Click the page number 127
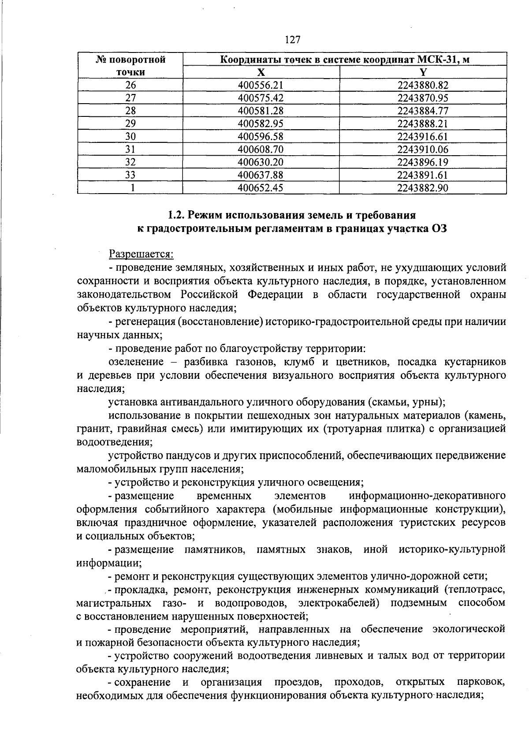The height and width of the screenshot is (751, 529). point(293,40)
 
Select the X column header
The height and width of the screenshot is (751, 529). point(261,72)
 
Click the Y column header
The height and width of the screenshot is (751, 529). point(423,72)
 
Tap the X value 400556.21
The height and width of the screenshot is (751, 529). point(260,85)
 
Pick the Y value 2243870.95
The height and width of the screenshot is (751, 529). point(422,98)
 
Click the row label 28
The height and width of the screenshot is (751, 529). point(130,111)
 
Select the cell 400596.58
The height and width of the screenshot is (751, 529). point(260,136)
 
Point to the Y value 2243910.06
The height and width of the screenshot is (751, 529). point(422,149)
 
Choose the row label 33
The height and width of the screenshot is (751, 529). point(130,175)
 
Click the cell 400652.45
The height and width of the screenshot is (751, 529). point(260,188)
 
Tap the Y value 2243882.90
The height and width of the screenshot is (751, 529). point(422,188)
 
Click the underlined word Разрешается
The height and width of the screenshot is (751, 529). point(142,254)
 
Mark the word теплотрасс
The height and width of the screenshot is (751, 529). point(477,589)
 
